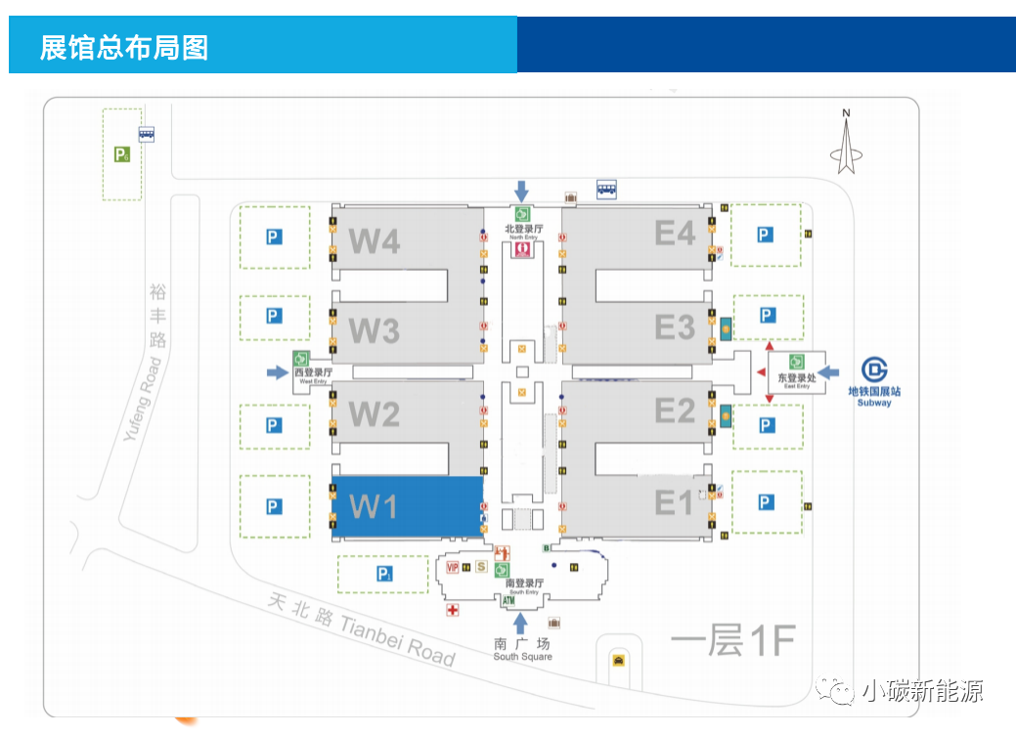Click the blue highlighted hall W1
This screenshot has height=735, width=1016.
pyautogui.click(x=408, y=506)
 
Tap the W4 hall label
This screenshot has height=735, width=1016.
pyautogui.click(x=375, y=240)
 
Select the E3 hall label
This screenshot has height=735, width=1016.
pyautogui.click(x=675, y=327)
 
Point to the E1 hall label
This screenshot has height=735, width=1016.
pyautogui.click(x=675, y=502)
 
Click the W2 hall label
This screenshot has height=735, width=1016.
pyautogui.click(x=375, y=414)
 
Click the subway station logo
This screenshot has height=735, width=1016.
pyautogui.click(x=874, y=371)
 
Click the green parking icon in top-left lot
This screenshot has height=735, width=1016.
pyautogui.click(x=121, y=153)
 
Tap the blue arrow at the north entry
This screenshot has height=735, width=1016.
pyautogui.click(x=521, y=191)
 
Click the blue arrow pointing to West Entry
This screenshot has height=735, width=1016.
pyautogui.click(x=278, y=371)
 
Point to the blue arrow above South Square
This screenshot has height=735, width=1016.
pyautogui.click(x=521, y=622)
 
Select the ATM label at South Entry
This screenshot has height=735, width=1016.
pyautogui.click(x=508, y=601)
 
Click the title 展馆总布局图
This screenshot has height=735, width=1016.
pyautogui.click(x=124, y=47)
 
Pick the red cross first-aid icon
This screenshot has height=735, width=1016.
pyautogui.click(x=452, y=610)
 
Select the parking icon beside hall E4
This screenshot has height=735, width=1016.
pyautogui.click(x=765, y=235)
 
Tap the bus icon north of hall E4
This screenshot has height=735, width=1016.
pyautogui.click(x=606, y=190)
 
